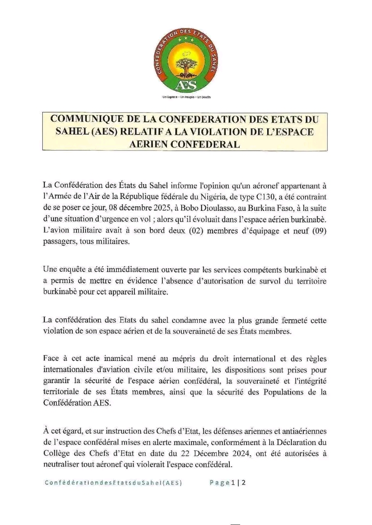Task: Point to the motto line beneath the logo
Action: (186, 97)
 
